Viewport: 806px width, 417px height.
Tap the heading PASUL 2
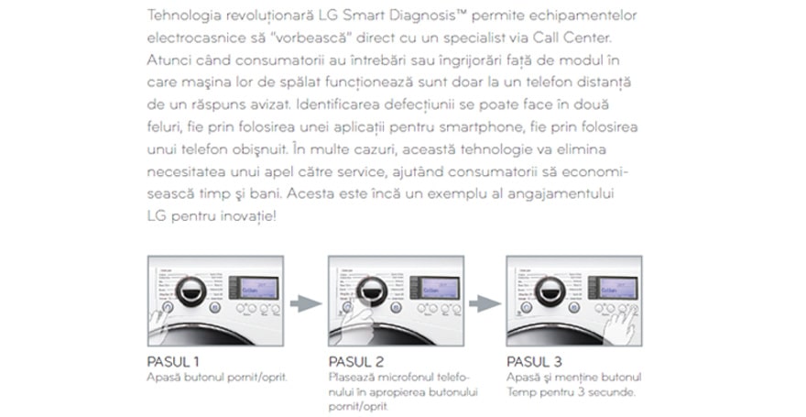355,361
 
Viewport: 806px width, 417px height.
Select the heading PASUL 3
534,361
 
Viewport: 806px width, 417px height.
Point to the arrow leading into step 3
484,301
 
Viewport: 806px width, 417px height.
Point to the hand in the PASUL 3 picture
626,323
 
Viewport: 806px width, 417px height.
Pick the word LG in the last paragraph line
158,215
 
